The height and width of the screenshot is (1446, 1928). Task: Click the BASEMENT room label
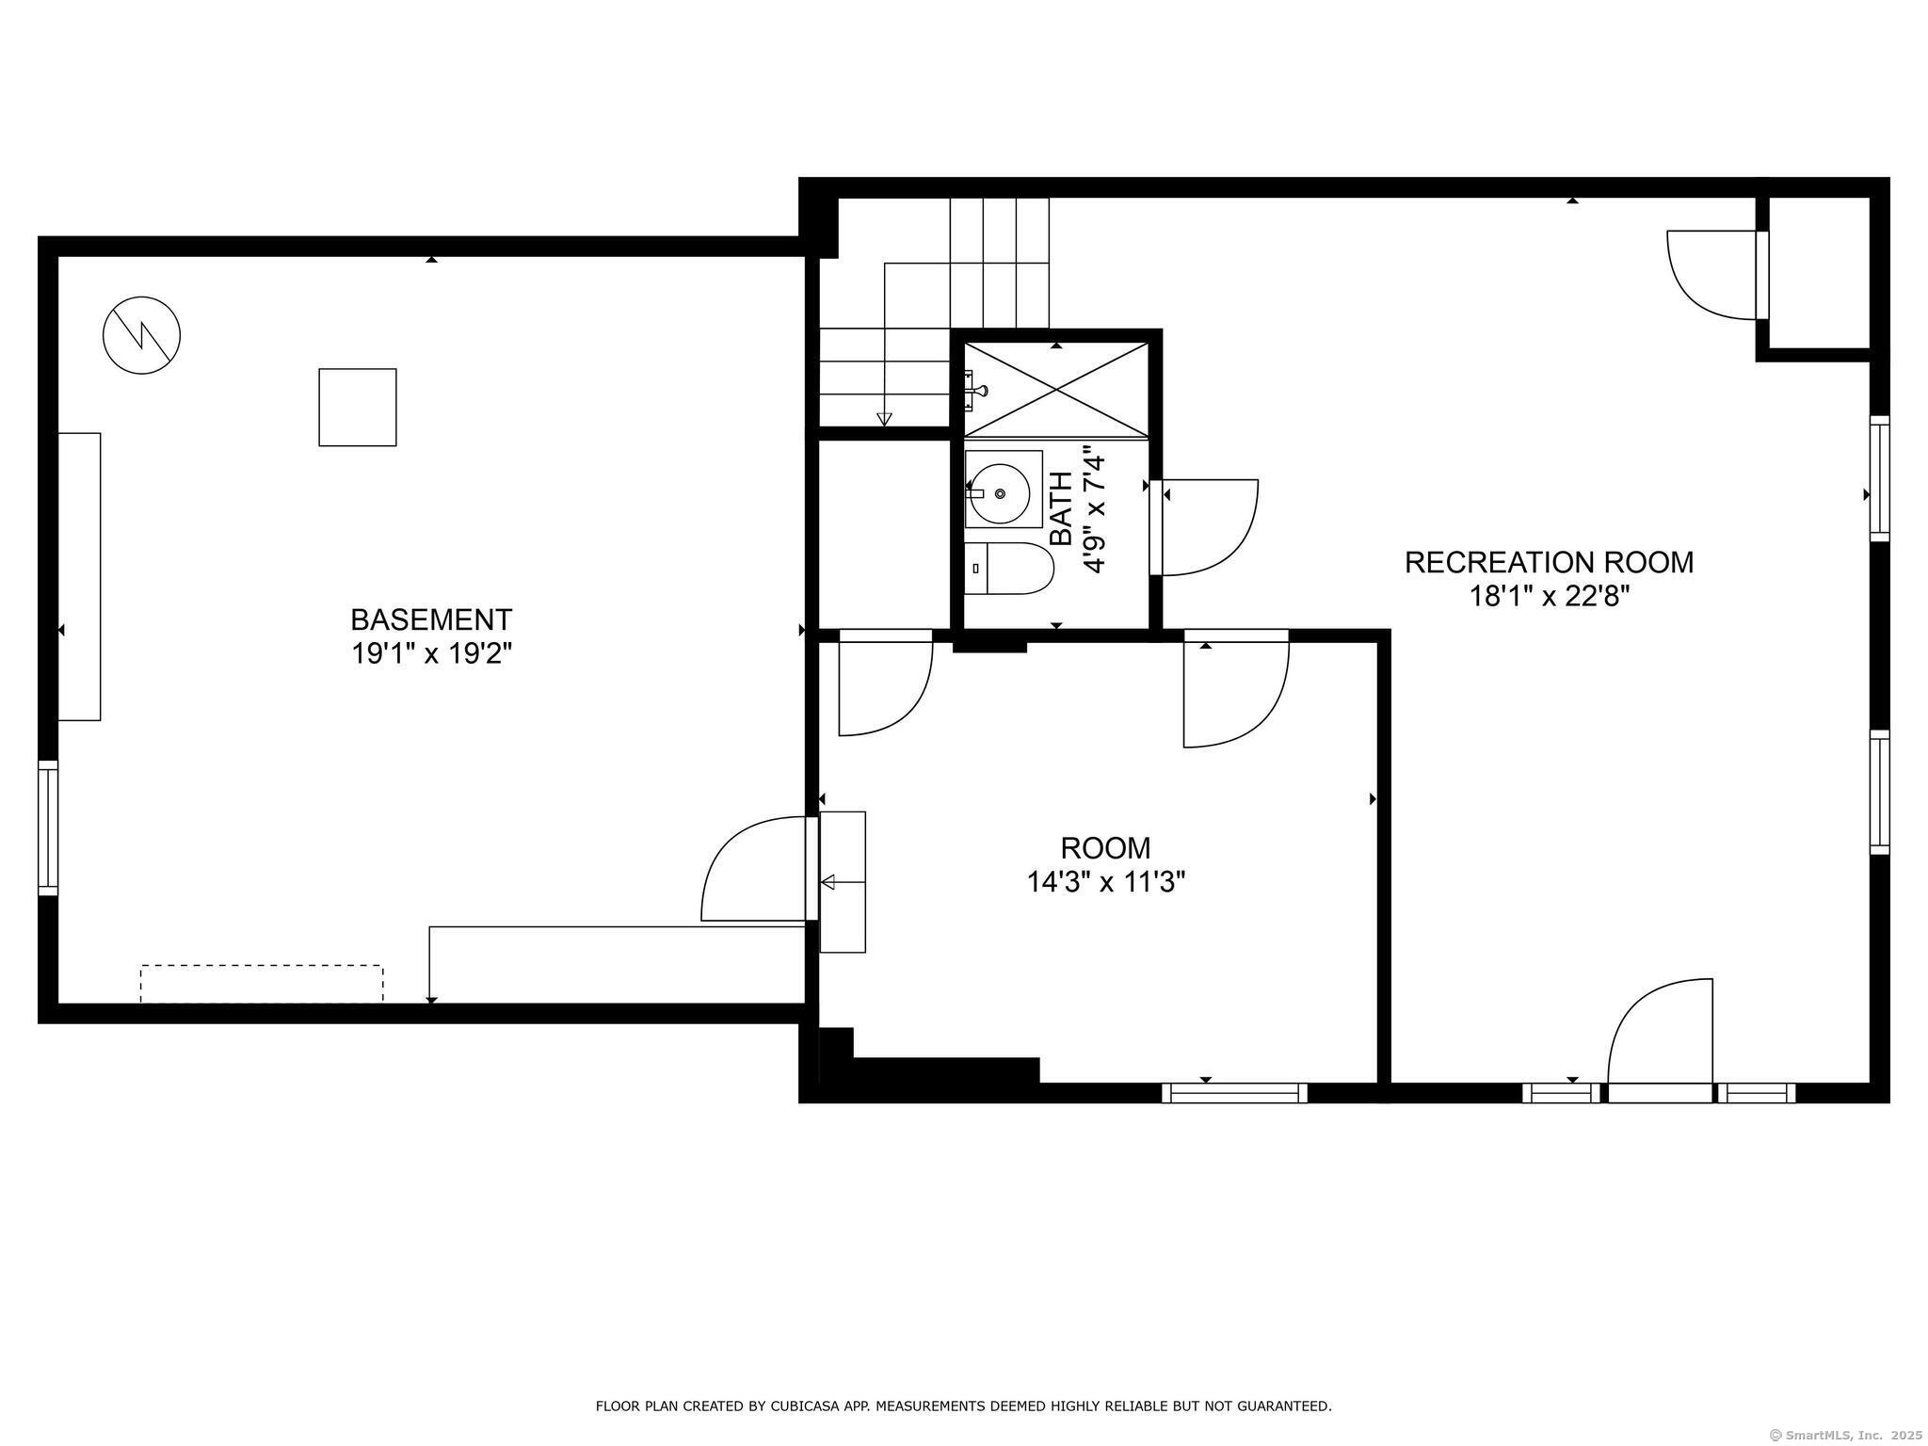[x=431, y=619]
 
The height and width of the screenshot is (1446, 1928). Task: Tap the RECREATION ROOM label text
[x=1549, y=562]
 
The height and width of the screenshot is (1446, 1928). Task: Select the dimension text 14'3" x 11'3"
[x=1105, y=882]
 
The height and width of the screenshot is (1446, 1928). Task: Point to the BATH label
[x=1061, y=509]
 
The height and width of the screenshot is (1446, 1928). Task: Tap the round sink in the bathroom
[x=999, y=493]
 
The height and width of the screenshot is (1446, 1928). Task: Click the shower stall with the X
[x=1056, y=390]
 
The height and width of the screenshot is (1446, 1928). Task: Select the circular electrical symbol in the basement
[x=141, y=335]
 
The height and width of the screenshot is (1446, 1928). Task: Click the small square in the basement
[x=358, y=407]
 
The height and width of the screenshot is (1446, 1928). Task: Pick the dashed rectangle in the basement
[x=262, y=983]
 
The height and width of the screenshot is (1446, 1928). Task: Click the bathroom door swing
[x=1210, y=527]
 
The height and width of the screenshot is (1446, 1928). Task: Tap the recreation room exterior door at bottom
[x=1660, y=1036]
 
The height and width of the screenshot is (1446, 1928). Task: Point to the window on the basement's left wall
[x=48, y=827]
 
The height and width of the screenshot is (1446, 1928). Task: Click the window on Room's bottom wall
[x=1234, y=1093]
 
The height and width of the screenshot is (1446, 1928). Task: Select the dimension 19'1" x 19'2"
[x=431, y=653]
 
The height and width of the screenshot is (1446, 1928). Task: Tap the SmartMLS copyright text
[x=1845, y=1435]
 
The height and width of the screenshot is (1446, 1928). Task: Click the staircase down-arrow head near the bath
[x=884, y=419]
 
